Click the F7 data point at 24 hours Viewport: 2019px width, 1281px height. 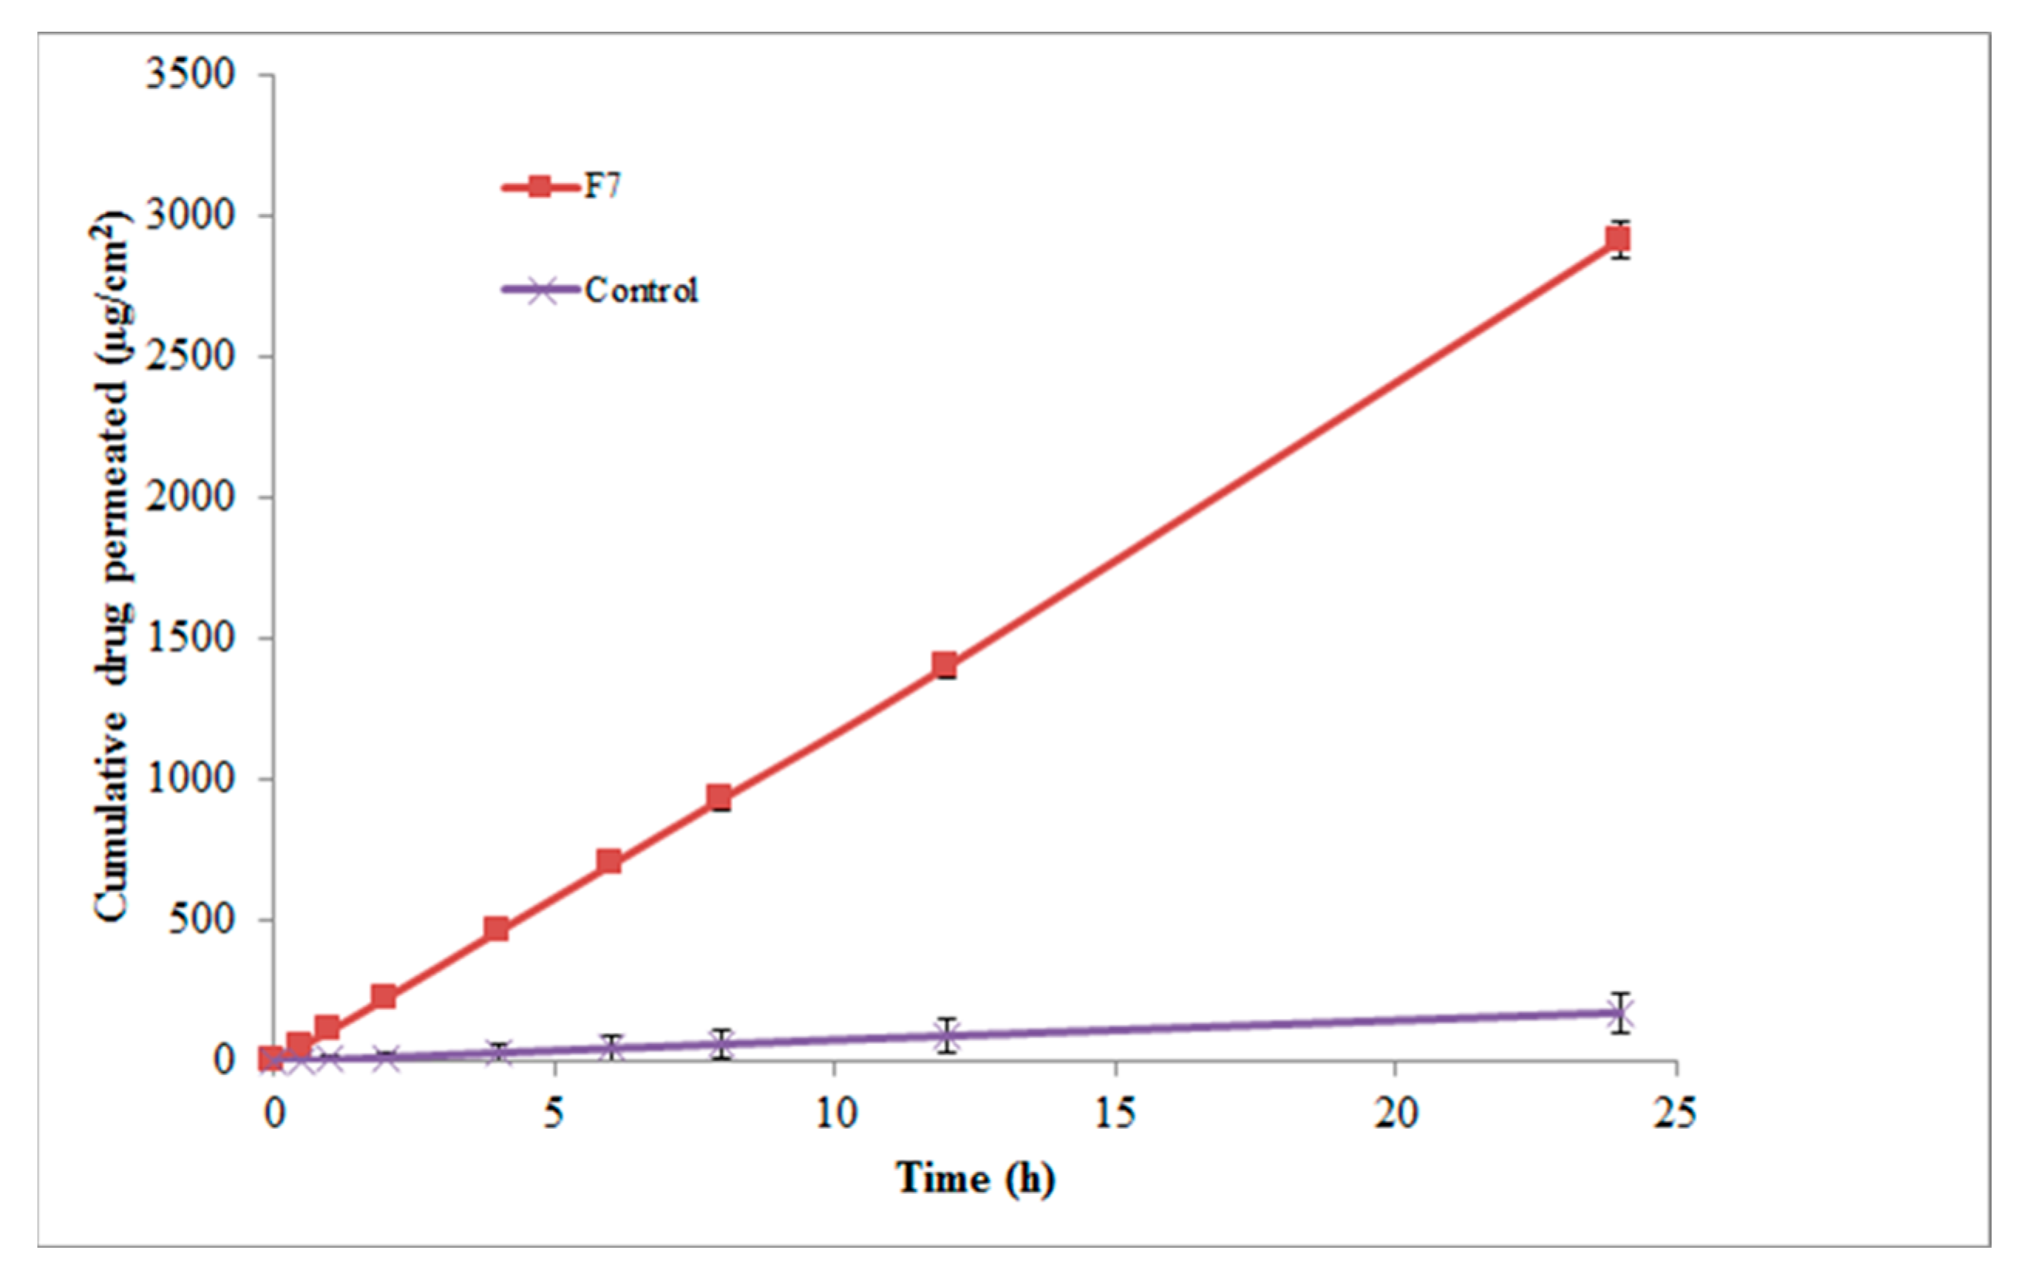[x=1618, y=240]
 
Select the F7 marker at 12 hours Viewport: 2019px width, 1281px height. [x=945, y=666]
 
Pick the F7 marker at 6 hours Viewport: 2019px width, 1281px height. [x=609, y=861]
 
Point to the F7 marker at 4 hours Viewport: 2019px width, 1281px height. [x=497, y=928]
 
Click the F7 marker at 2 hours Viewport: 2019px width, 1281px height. [x=384, y=996]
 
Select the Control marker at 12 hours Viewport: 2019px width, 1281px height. [x=945, y=1036]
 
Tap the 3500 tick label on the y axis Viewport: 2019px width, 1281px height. [x=189, y=75]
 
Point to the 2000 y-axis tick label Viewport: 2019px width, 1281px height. [x=189, y=497]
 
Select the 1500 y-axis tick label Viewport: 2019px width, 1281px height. [x=189, y=638]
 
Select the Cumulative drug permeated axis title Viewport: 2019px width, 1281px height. [x=112, y=567]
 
